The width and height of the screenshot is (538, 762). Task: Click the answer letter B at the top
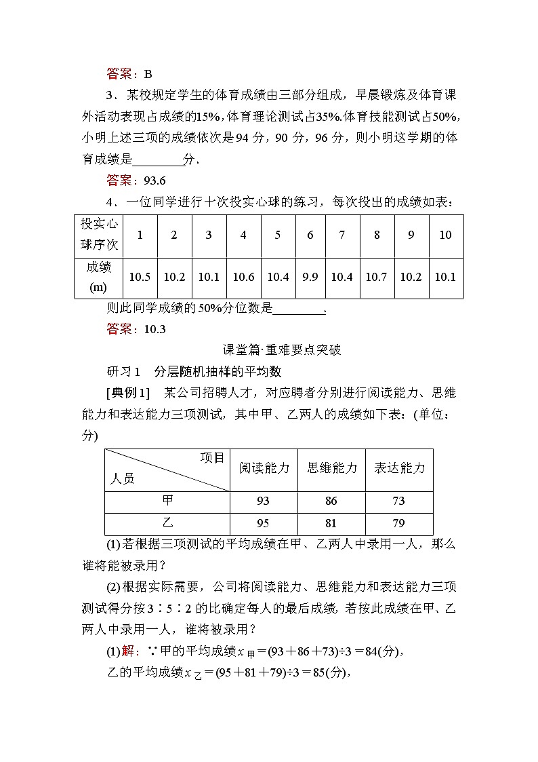[x=148, y=75]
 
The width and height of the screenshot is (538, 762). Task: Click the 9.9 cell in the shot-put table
[x=310, y=277]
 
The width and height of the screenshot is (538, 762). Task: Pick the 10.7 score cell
[x=376, y=277]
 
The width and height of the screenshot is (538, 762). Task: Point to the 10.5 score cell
[x=140, y=277]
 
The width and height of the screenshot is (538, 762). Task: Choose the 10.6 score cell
[x=243, y=277]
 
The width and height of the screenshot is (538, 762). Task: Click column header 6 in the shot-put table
[x=310, y=235]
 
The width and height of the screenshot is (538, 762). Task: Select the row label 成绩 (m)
[x=99, y=277]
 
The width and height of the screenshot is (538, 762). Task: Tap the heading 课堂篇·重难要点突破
[x=282, y=350]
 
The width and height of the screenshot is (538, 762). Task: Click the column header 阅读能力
[x=264, y=468]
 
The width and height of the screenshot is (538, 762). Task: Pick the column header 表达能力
[x=399, y=468]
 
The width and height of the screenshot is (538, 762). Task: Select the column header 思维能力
[x=331, y=468]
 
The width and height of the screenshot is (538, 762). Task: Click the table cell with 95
[x=264, y=523]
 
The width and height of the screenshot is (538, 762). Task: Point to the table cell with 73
[x=398, y=501]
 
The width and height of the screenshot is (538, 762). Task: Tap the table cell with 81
[x=331, y=523]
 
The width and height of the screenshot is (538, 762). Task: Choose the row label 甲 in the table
[x=168, y=501]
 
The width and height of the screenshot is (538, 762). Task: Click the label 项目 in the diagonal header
[x=211, y=458]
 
